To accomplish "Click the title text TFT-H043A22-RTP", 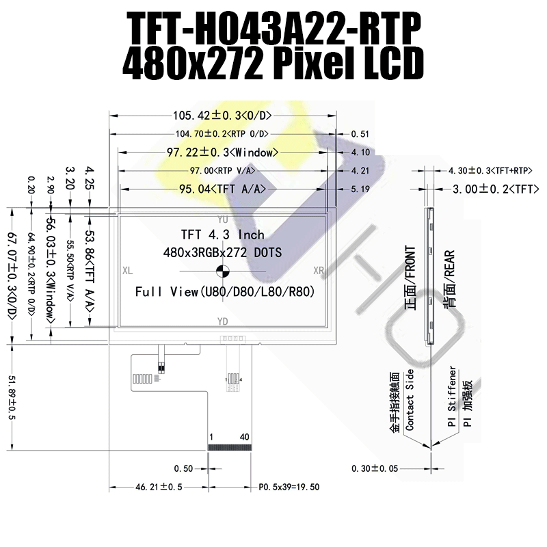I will click(273, 29).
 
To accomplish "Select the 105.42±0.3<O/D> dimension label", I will click(222, 115).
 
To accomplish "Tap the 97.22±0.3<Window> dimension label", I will click(222, 152).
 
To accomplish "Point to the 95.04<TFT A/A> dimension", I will click(222, 189).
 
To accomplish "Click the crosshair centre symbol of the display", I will click(223, 271).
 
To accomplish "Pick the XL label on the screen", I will click(127, 271).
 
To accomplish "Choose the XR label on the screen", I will click(318, 271).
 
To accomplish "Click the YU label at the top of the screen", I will click(222, 220).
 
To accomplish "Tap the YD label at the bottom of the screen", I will click(222, 321).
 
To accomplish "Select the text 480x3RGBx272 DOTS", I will click(222, 253).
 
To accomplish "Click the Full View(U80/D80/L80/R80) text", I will click(224, 292).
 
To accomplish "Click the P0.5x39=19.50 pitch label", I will click(289, 488).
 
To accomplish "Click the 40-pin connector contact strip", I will click(229, 446).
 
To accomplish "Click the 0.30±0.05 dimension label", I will click(374, 469).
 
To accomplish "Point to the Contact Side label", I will click(410, 399).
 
